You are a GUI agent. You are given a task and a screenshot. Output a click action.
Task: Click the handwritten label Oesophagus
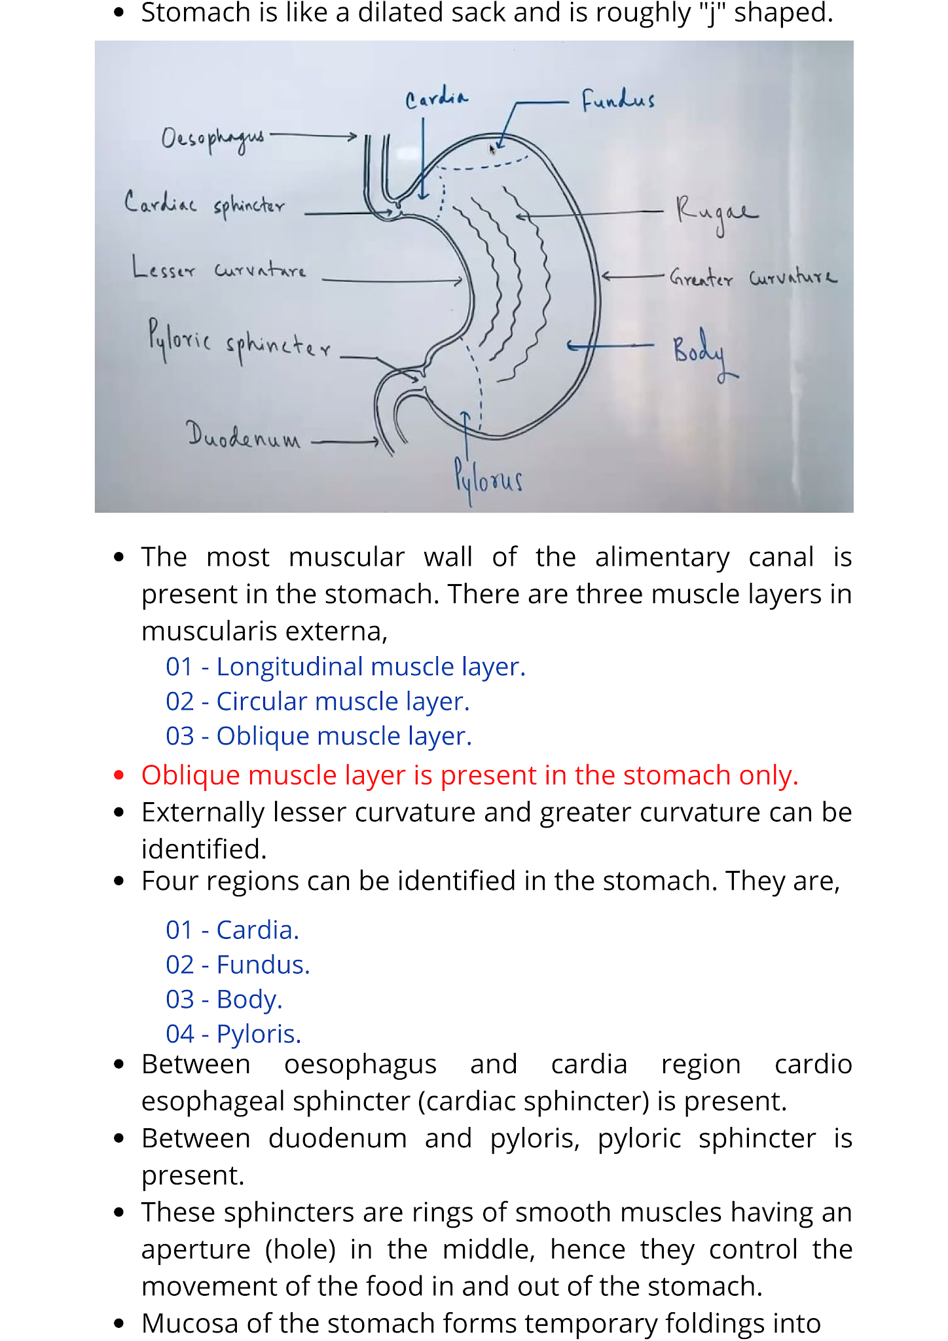pyautogui.click(x=212, y=138)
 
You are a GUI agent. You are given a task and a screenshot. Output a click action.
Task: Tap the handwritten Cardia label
pyautogui.click(x=436, y=99)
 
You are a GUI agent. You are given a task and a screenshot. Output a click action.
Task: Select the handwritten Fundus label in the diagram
pyautogui.click(x=617, y=100)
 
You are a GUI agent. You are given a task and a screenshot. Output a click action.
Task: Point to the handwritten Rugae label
pyautogui.click(x=716, y=212)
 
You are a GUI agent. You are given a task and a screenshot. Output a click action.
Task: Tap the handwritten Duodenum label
pyautogui.click(x=243, y=435)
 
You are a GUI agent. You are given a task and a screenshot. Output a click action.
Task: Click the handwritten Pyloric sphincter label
pyautogui.click(x=239, y=341)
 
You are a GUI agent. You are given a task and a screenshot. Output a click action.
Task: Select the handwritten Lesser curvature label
pyautogui.click(x=219, y=269)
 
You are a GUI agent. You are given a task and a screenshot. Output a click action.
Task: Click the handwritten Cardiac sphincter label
pyautogui.click(x=204, y=204)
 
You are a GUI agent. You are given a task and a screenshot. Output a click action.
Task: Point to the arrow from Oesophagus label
pyautogui.click(x=313, y=136)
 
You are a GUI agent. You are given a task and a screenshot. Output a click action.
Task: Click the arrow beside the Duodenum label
pyautogui.click(x=345, y=442)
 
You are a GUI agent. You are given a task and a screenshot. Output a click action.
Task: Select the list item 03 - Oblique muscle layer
pyautogui.click(x=318, y=736)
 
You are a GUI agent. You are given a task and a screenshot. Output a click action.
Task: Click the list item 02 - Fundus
pyautogui.click(x=238, y=964)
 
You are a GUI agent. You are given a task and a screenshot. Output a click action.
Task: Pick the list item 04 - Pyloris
pyautogui.click(x=233, y=1034)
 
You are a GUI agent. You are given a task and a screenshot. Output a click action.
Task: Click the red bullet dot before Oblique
pyautogui.click(x=119, y=775)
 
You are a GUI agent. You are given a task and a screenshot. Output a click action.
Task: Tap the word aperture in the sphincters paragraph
pyautogui.click(x=196, y=1249)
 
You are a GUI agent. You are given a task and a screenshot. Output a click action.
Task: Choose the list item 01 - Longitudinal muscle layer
pyautogui.click(x=345, y=667)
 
